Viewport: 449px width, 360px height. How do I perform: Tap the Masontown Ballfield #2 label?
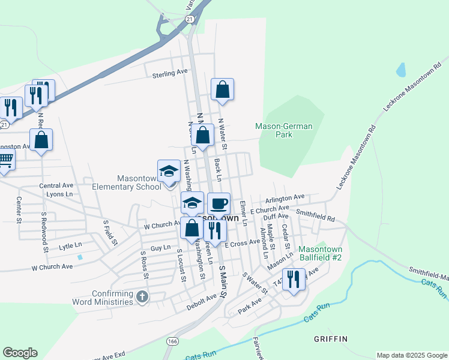[x=320, y=253]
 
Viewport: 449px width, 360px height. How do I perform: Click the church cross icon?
[x=142, y=296]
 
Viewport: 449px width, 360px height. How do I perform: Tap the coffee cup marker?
[x=218, y=203]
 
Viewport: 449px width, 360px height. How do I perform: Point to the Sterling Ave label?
[x=170, y=73]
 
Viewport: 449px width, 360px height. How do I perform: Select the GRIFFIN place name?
[x=330, y=339]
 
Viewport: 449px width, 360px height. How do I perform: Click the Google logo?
[x=20, y=353]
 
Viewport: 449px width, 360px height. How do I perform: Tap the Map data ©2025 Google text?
[x=411, y=355]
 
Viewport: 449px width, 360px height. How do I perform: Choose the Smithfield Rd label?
[x=315, y=212]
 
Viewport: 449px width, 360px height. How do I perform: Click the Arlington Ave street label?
[x=286, y=197]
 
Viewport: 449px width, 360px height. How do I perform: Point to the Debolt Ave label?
[x=202, y=298]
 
